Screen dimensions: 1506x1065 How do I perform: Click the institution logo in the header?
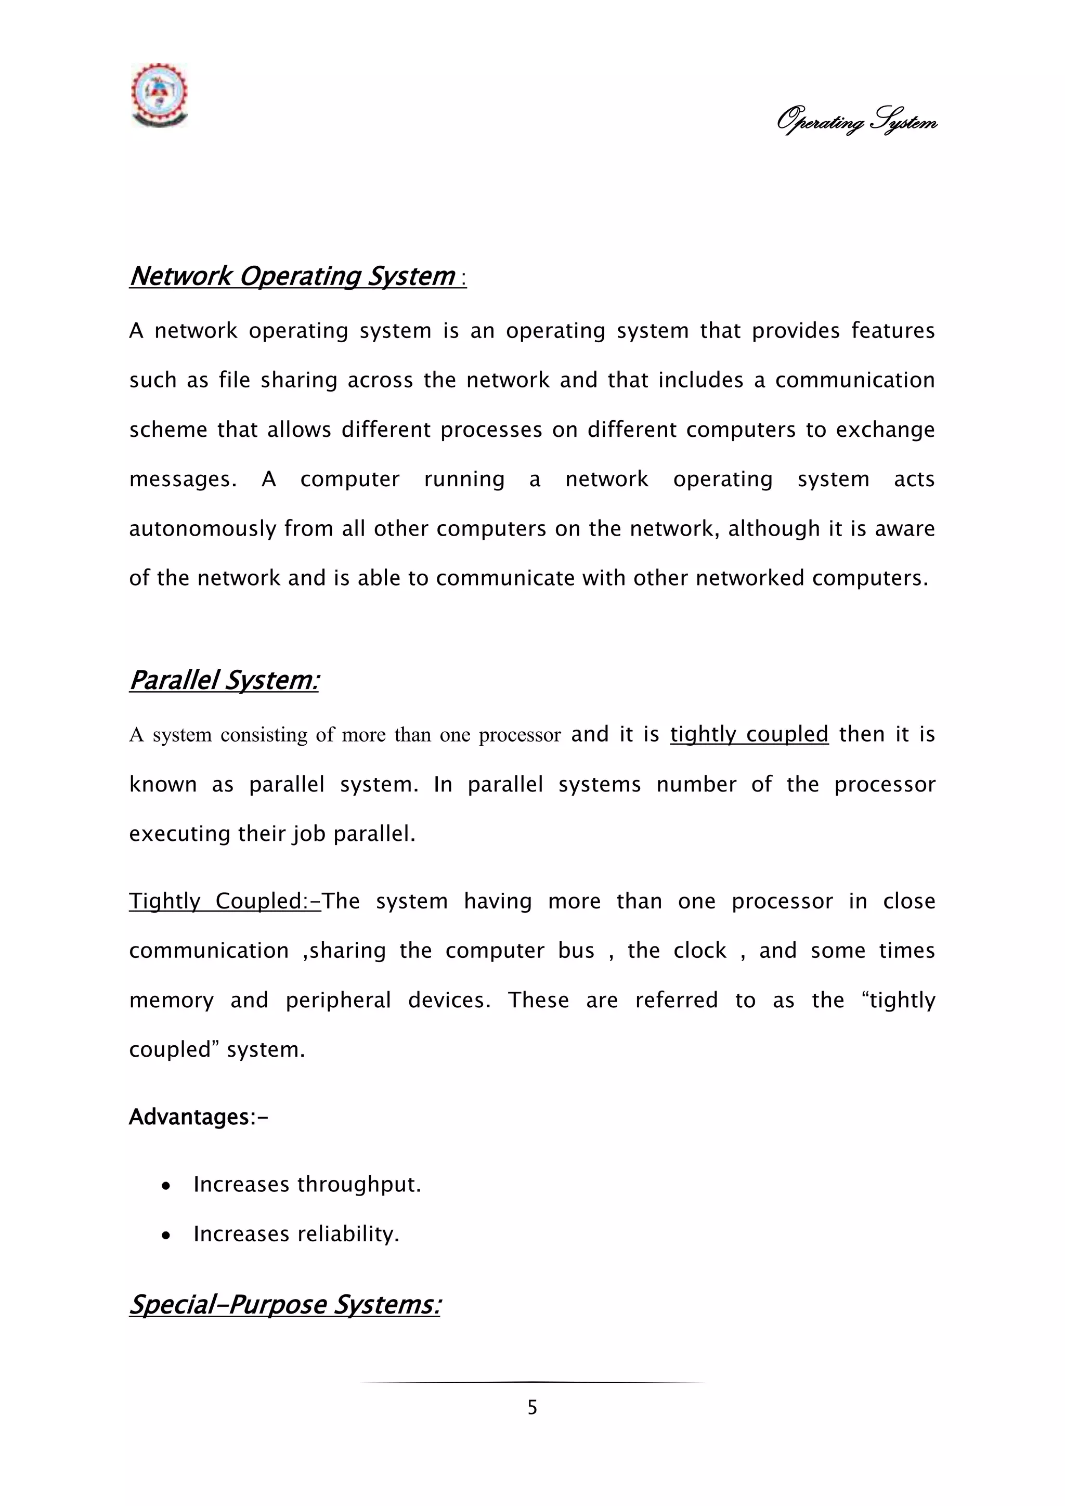[159, 95]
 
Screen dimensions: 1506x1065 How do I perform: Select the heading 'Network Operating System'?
[292, 276]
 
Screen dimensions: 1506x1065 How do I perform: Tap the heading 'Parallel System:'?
[224, 680]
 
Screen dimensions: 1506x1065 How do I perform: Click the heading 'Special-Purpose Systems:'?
[284, 1304]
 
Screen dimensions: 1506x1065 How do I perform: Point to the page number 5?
[532, 1407]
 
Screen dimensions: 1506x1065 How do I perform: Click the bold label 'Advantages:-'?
[198, 1116]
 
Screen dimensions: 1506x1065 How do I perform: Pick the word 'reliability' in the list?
[347, 1234]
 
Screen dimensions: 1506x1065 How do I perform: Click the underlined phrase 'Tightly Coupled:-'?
[224, 901]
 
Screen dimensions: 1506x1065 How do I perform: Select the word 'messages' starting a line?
[181, 479]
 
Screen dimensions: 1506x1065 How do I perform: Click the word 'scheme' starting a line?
[168, 430]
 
